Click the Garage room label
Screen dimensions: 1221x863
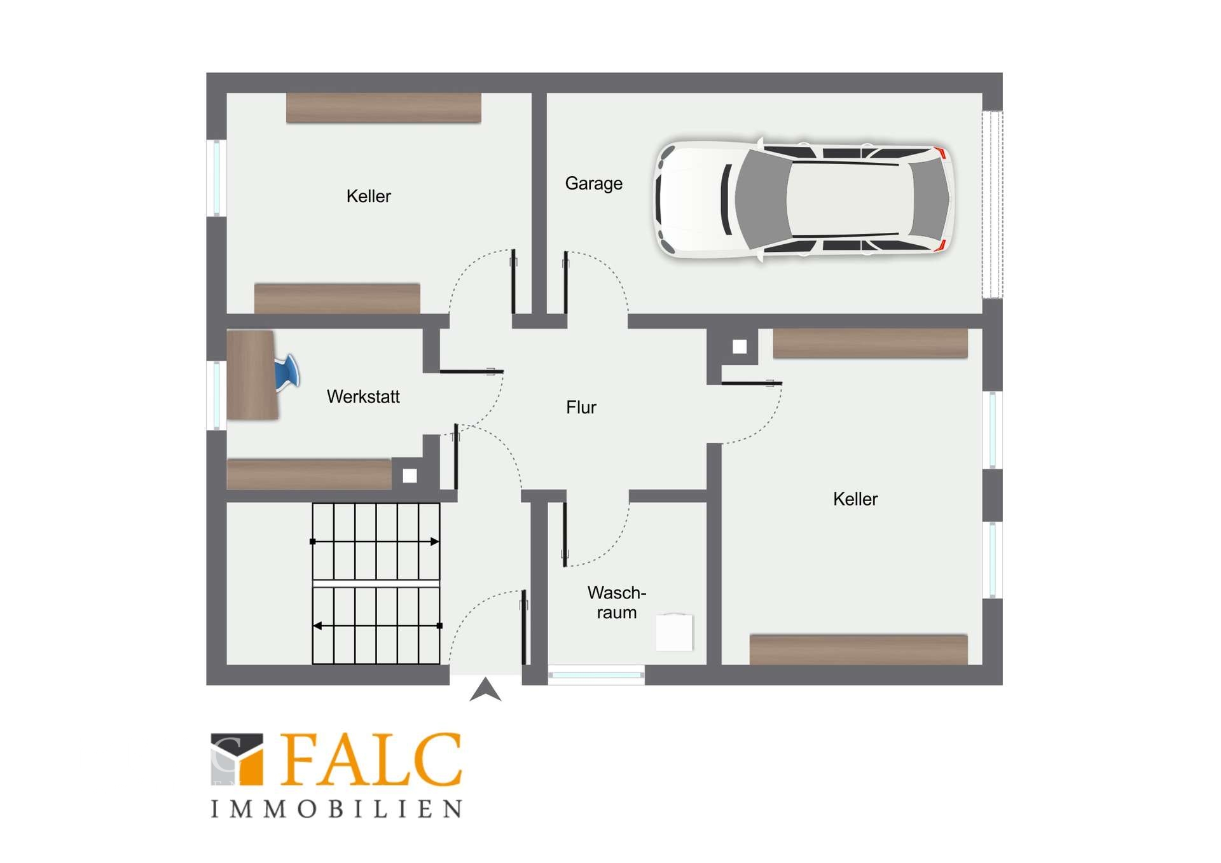tap(593, 184)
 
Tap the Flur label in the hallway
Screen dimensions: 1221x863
tap(581, 407)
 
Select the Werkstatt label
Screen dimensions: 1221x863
tap(363, 397)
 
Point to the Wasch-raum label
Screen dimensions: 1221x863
tap(616, 602)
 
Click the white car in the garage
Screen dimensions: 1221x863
tap(804, 199)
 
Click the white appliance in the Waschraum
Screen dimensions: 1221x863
tap(674, 632)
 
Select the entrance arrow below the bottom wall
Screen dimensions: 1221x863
tap(485, 689)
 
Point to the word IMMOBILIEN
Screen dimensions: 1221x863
tap(336, 809)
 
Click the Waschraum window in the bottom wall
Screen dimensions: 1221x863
tap(596, 675)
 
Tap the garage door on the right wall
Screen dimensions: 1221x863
tap(992, 204)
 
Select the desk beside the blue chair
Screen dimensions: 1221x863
tap(252, 375)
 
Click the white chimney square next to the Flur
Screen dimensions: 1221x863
tap(740, 347)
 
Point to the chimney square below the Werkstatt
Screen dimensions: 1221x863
tap(410, 476)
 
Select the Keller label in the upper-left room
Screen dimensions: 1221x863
tap(368, 197)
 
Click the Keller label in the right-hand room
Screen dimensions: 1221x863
tap(855, 499)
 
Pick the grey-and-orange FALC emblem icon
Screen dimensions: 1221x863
tap(237, 759)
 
